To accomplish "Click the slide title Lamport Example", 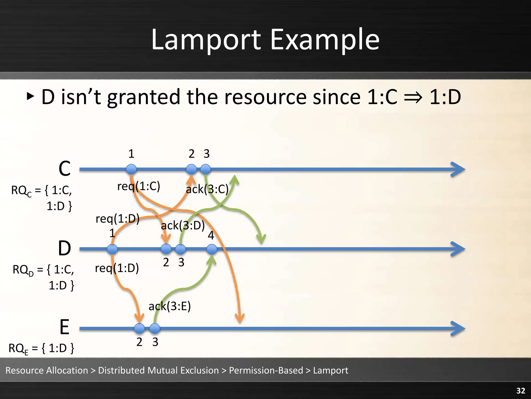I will (265, 39).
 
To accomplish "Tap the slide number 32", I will (521, 391).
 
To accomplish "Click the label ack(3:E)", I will (170, 306).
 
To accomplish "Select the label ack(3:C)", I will (207, 189).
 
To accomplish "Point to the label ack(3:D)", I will (183, 225).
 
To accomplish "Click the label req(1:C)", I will (139, 186).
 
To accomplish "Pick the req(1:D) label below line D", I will (117, 268).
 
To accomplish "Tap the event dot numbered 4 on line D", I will (212, 249).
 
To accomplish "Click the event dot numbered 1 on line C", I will (131, 169).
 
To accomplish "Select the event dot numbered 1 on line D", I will (112, 249).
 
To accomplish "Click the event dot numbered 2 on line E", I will (139, 329).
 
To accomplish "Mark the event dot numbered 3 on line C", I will (206, 169).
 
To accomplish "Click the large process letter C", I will (65, 169).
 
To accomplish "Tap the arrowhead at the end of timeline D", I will (458, 249).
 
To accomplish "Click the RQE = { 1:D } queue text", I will (41, 348).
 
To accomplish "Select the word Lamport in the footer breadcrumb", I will (331, 370).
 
